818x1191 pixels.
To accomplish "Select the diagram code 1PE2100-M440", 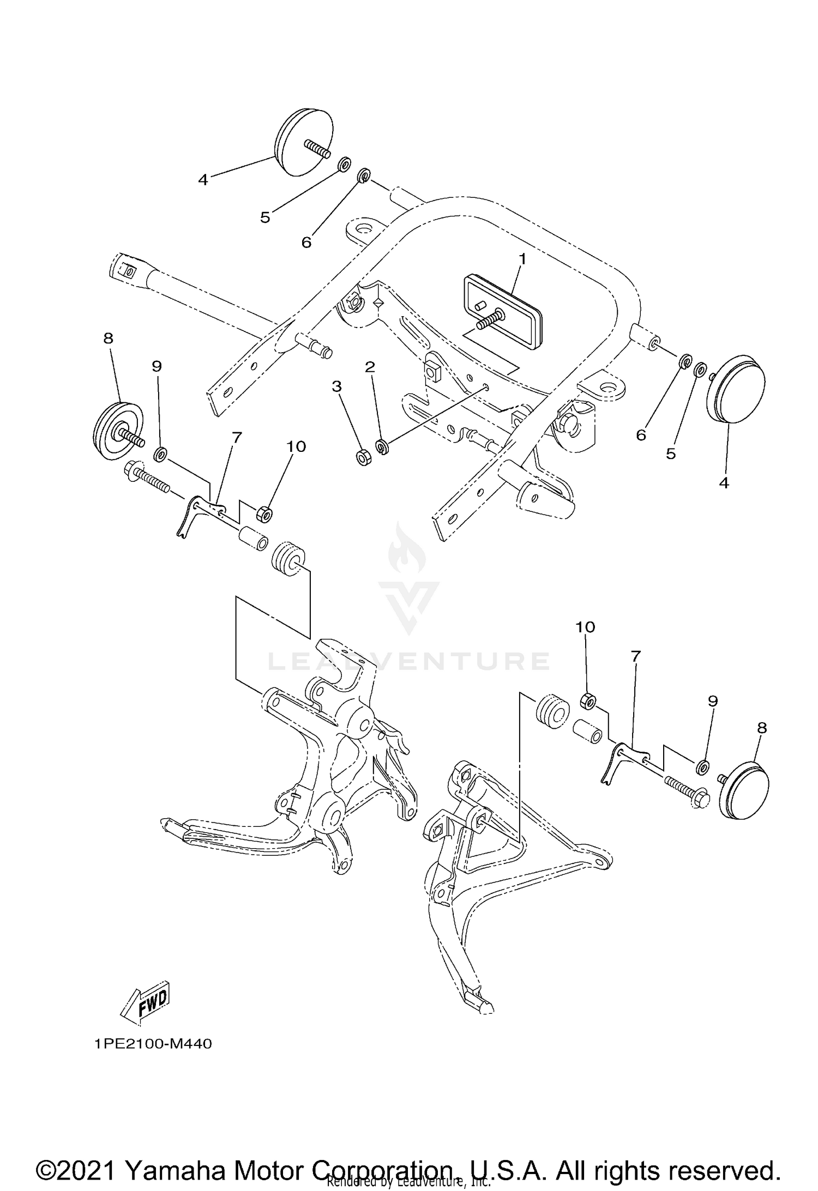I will pos(153,1044).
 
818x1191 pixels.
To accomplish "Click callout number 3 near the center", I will pos(336,387).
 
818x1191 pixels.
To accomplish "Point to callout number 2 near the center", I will pos(370,367).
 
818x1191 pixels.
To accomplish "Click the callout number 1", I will pos(522,259).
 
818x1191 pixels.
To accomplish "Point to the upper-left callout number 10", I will pos(296,446).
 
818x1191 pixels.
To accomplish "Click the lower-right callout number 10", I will pos(585,627).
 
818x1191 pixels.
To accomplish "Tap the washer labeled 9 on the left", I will pos(160,438).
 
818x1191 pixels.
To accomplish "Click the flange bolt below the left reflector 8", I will pos(146,475).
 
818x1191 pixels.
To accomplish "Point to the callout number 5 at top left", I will pos(265,217).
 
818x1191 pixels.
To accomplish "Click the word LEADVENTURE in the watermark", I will pos(409,661).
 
